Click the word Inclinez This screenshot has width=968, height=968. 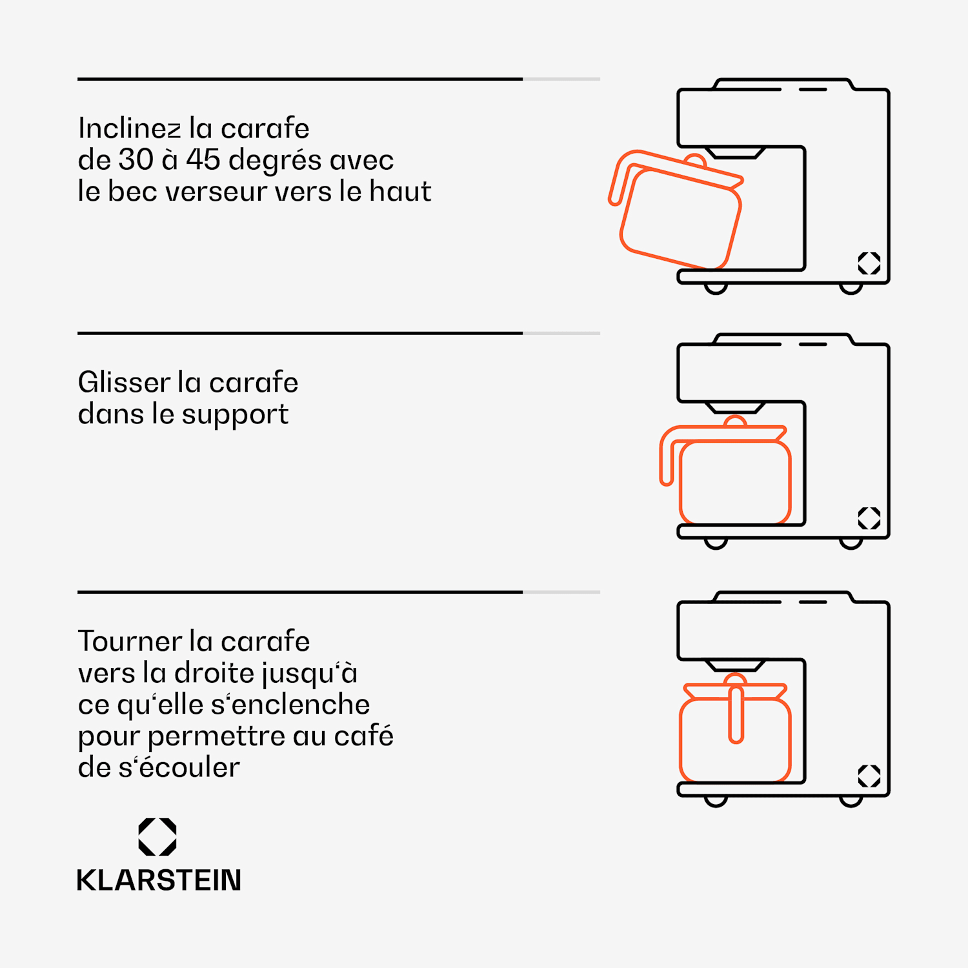(x=130, y=128)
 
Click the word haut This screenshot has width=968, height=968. (x=400, y=191)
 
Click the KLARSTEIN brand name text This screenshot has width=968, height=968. (x=159, y=880)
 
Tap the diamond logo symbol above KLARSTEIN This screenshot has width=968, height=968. (x=157, y=837)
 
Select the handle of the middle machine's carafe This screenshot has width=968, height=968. (x=667, y=455)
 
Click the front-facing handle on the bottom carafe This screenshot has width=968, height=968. (x=736, y=713)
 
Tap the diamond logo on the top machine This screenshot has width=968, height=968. (x=869, y=263)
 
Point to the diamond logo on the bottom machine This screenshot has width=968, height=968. (x=869, y=776)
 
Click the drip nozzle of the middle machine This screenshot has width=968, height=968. (x=735, y=408)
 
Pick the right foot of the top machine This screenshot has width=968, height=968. (x=851, y=288)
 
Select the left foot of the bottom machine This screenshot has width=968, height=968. (x=716, y=802)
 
